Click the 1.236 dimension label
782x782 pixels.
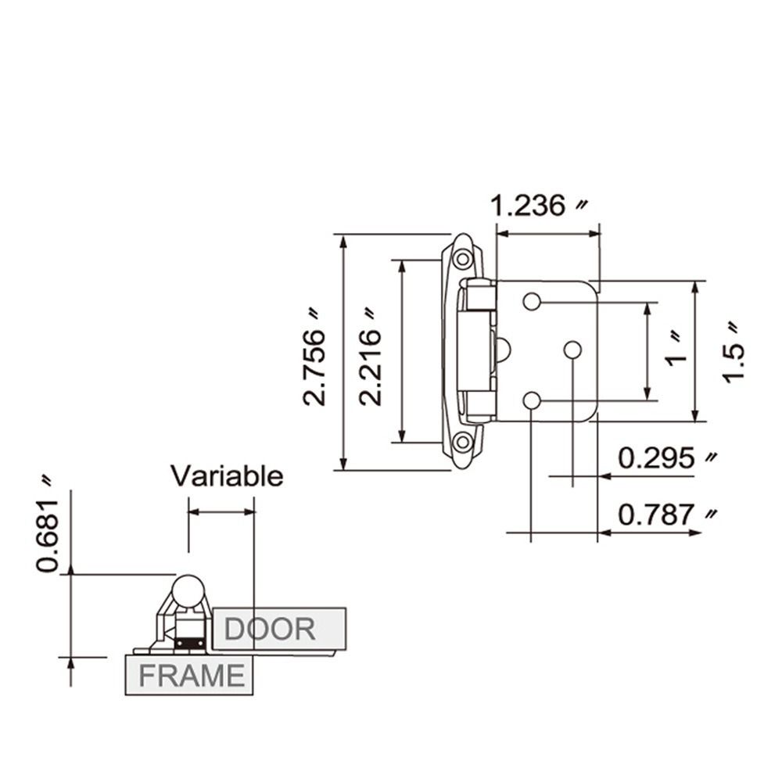[x=539, y=206]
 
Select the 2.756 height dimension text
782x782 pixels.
[x=315, y=357]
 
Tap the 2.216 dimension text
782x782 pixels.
[x=371, y=357]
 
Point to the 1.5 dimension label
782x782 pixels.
[x=734, y=352]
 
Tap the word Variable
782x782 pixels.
[x=227, y=475]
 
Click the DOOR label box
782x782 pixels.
[x=278, y=628]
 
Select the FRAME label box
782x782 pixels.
[x=190, y=675]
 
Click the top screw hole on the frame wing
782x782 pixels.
[x=463, y=259]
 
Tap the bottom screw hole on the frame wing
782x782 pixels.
[x=463, y=443]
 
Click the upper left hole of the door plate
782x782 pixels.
[x=532, y=302]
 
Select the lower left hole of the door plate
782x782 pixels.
[x=532, y=401]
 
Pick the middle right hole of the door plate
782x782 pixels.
[x=572, y=350]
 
